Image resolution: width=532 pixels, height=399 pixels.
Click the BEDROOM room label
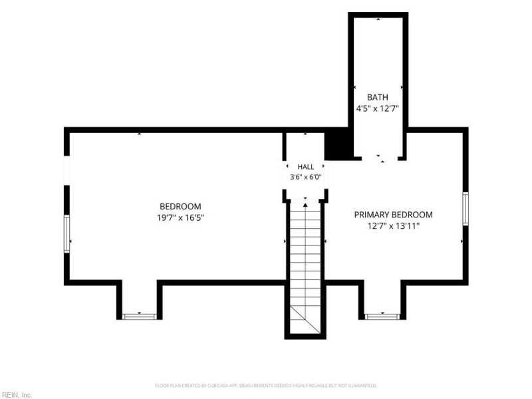180,206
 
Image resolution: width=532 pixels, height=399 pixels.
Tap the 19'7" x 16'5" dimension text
180,217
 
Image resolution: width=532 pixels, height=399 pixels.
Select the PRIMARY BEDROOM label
393,215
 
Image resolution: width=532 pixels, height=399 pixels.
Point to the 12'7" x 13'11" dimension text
393,226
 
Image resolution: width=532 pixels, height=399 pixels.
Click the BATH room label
377,97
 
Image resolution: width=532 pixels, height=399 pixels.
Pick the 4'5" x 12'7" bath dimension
377,108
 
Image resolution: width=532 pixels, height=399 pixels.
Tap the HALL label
306,167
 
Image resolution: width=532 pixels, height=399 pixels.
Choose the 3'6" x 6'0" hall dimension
305,177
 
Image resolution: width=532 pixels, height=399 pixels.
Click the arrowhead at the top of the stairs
305,205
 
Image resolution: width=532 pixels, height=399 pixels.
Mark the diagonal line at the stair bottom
305,319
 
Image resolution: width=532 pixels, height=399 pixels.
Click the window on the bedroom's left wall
67,234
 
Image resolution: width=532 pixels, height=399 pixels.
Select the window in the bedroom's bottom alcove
140,317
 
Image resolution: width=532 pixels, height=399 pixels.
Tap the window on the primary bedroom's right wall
465,209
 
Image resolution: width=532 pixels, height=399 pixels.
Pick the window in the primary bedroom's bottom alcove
382,317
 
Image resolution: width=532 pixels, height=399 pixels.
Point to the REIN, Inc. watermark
16,395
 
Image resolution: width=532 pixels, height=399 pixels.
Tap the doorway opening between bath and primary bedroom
380,158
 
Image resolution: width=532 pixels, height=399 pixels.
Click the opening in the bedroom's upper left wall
67,171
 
